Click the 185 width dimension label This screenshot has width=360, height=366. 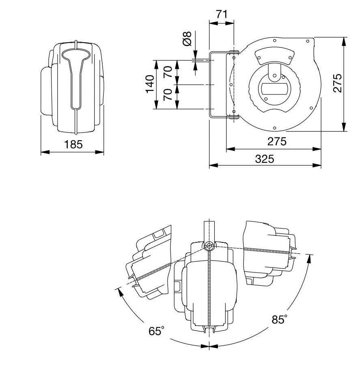tap(73, 144)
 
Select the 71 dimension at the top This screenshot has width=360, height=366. tap(222, 15)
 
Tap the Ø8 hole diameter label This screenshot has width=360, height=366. tap(187, 39)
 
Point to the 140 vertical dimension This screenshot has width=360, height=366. tap(150, 84)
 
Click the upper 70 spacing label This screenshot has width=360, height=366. tap(168, 72)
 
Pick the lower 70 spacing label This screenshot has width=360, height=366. tap(168, 95)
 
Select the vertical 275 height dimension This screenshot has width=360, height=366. tap(337, 83)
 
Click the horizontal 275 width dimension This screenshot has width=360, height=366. tap(277, 141)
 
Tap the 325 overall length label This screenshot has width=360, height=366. tap(264, 159)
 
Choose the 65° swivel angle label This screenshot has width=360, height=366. tap(156, 331)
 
